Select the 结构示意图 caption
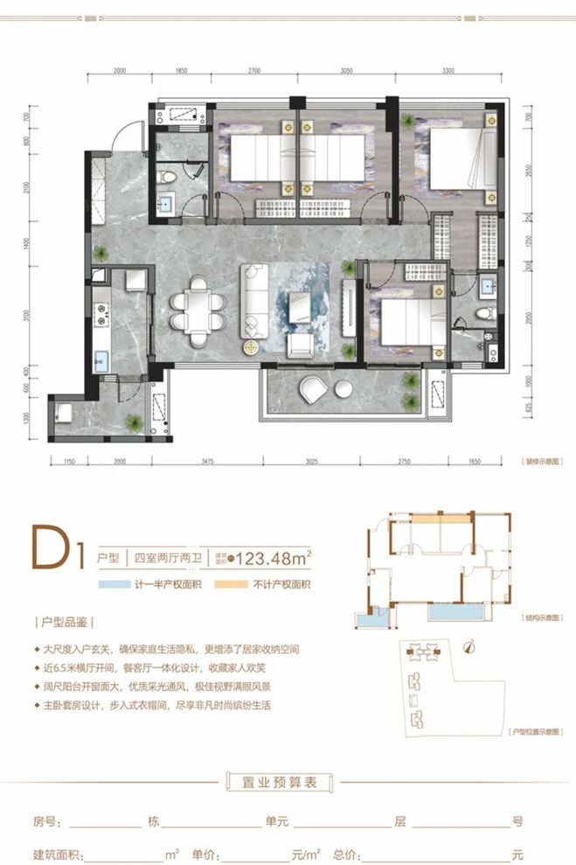click(x=540, y=618)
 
